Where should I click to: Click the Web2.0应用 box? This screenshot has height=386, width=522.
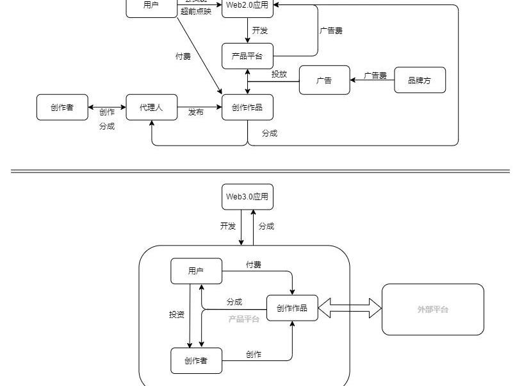[x=247, y=6]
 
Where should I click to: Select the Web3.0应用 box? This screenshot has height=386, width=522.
[x=247, y=196]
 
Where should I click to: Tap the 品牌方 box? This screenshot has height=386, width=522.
[x=420, y=80]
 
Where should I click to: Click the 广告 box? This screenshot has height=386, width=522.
[x=325, y=80]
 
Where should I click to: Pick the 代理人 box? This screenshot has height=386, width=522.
[x=151, y=107]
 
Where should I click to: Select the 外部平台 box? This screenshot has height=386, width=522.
[x=433, y=309]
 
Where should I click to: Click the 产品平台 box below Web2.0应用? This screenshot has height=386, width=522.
[x=247, y=56]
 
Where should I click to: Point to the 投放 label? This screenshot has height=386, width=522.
[x=279, y=74]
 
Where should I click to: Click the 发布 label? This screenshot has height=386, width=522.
[x=196, y=112]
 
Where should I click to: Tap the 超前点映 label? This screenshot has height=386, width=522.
[x=196, y=12]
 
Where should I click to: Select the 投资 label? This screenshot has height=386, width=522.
[x=177, y=314]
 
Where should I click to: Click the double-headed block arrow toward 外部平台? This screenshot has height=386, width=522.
[x=350, y=308]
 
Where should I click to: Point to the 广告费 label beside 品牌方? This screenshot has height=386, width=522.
[x=375, y=76]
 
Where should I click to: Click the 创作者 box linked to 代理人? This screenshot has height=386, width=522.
[x=62, y=107]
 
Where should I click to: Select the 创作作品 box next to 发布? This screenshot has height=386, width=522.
[x=247, y=107]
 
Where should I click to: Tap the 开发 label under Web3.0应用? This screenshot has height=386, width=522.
[x=228, y=226]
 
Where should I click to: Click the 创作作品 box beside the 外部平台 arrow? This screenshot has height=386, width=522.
[x=292, y=308]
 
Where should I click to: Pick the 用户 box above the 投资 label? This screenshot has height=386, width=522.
[x=196, y=271]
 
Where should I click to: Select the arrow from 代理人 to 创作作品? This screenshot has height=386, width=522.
[x=199, y=107]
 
